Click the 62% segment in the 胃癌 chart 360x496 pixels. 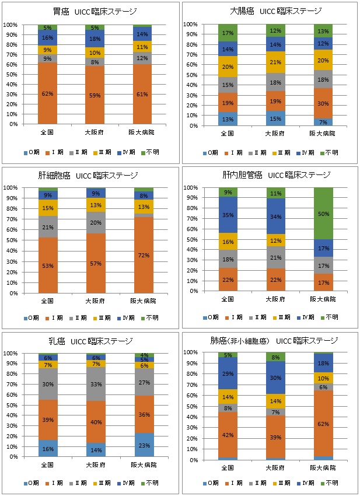tap(47, 93)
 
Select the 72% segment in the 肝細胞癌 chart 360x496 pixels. tap(143, 255)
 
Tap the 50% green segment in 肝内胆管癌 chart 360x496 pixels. tap(323, 214)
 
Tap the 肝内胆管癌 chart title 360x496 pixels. tap(270, 175)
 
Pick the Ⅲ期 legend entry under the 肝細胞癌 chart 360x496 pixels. tap(99, 317)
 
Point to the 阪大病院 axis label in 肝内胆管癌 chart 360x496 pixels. tap(323, 299)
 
